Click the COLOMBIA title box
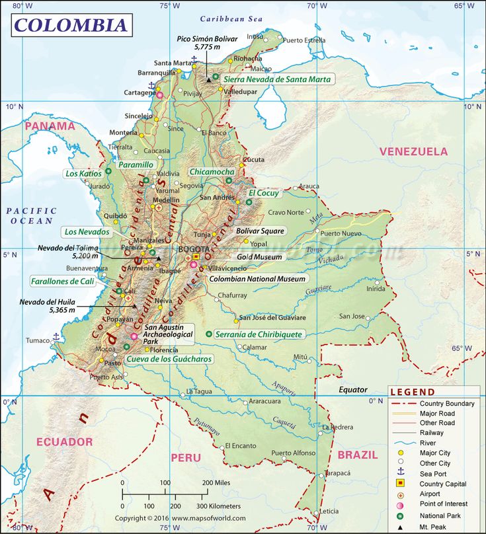click(71, 25)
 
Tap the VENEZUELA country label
click(413, 151)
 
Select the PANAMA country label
click(50, 126)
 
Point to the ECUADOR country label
click(64, 441)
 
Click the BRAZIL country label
click(358, 455)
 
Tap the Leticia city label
click(329, 511)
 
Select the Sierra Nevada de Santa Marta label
click(277, 79)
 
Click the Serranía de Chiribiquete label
click(258, 334)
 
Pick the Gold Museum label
click(259, 256)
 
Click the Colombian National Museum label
click(257, 279)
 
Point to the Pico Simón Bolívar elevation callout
click(207, 43)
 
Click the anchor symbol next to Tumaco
click(57, 336)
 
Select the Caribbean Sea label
click(231, 19)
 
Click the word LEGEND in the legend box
click(413, 392)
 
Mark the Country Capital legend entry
click(442, 484)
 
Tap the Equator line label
click(352, 390)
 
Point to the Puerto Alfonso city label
click(293, 453)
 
